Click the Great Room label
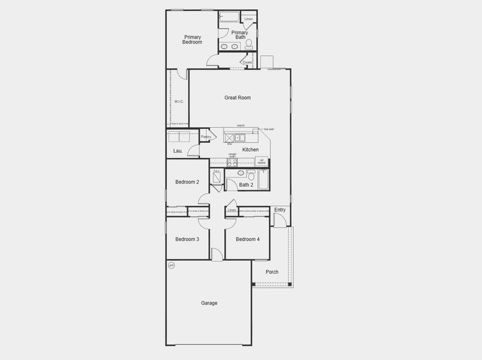[237, 97]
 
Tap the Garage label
[209, 303]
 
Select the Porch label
[272, 272]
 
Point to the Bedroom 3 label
[187, 239]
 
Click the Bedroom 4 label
[248, 239]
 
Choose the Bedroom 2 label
[187, 182]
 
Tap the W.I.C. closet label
[179, 102]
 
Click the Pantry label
[206, 137]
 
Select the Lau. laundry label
[178, 151]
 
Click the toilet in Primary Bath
[249, 44]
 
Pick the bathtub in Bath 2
[263, 178]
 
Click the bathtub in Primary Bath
[230, 17]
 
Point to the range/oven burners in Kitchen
[232, 162]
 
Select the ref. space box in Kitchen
[261, 161]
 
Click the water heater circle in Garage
[171, 265]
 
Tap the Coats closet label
[247, 62]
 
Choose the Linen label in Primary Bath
[249, 19]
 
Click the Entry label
[279, 209]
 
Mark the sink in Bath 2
[241, 173]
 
